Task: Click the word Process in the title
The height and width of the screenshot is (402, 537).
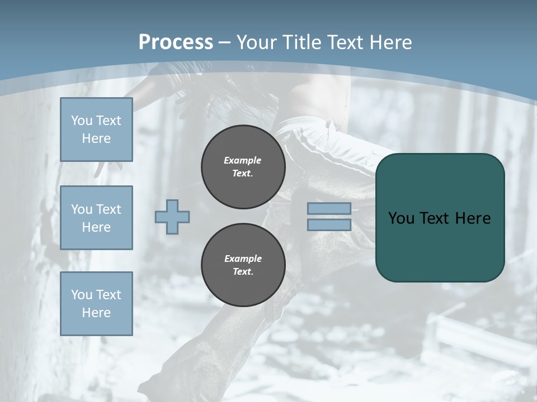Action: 176,42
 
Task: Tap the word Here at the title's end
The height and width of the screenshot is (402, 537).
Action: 390,42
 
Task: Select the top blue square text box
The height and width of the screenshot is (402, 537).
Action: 96,130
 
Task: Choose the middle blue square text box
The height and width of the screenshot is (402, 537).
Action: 96,218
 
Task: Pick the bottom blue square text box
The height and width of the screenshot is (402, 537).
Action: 96,304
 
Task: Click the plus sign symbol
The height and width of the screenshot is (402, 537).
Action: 172,217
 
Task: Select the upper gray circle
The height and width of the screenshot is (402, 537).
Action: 243,167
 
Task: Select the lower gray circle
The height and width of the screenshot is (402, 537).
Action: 243,265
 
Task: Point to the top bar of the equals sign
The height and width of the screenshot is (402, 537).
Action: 329,209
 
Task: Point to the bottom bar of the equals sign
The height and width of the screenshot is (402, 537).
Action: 329,224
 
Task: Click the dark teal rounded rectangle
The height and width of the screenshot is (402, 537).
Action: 440,240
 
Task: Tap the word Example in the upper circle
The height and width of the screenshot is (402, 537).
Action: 242,160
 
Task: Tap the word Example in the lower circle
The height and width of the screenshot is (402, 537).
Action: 243,259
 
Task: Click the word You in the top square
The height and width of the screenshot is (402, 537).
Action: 82,121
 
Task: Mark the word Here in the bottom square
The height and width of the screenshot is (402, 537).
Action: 96,313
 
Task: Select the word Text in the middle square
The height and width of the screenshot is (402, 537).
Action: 108,209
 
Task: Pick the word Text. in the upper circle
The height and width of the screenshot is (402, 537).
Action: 243,174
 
